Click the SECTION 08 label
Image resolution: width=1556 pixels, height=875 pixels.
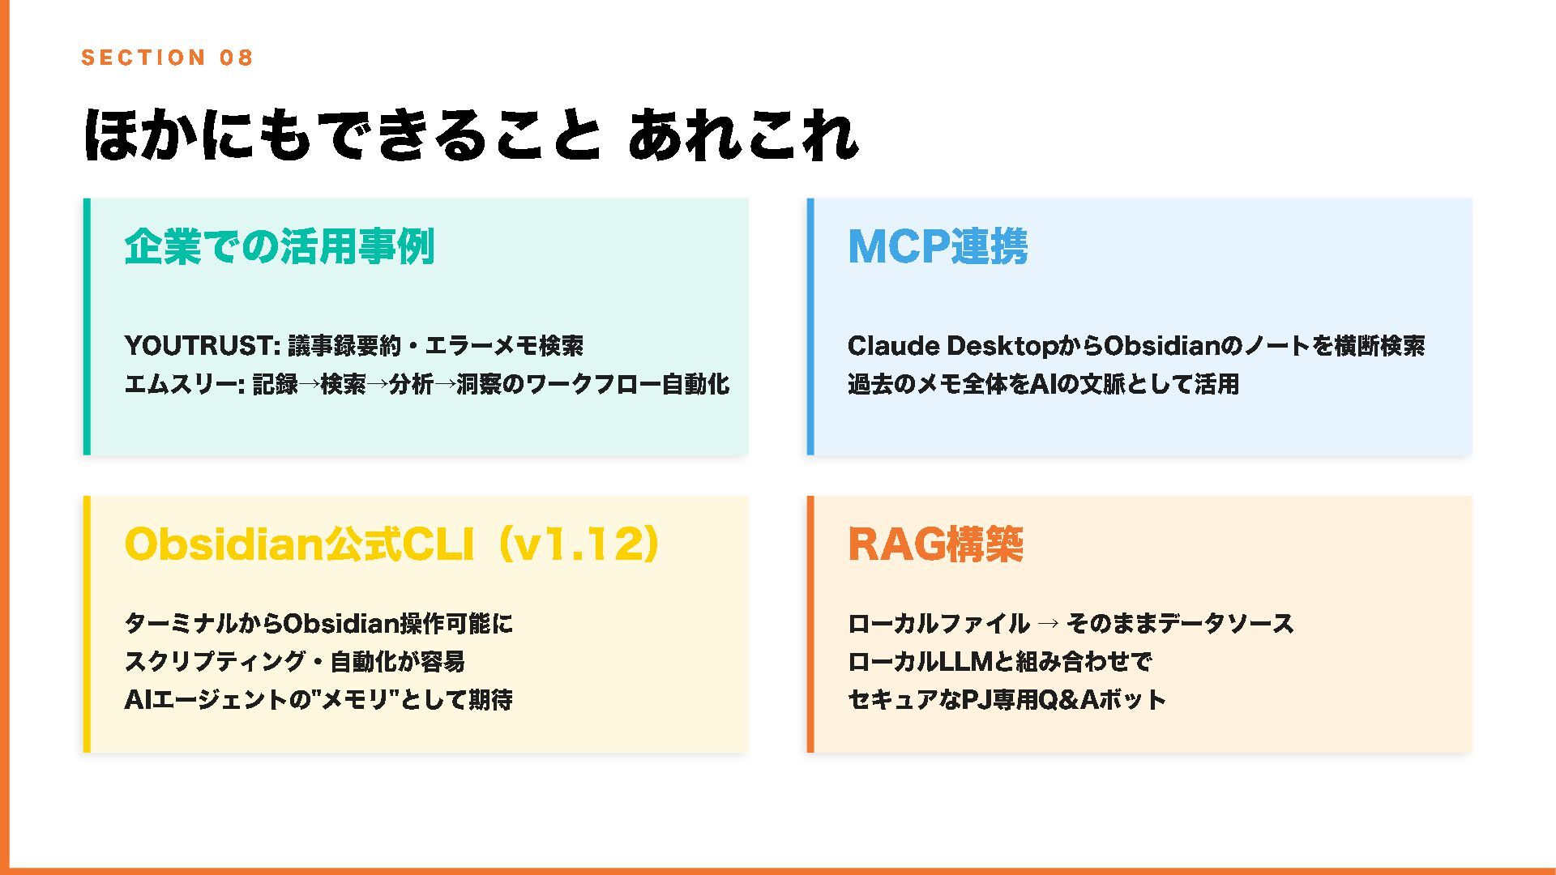[167, 58]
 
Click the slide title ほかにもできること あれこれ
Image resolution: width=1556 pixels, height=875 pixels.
[470, 134]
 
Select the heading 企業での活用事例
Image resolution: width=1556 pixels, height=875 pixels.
[280, 247]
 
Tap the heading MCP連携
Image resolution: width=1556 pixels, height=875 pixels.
[938, 247]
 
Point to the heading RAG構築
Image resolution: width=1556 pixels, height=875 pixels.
[935, 544]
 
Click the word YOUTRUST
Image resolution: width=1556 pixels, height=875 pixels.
[202, 346]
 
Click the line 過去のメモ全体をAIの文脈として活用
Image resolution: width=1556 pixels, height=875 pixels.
[1043, 384]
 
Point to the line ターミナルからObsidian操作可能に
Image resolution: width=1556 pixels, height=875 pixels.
[318, 624]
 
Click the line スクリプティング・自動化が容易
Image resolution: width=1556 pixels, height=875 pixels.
[294, 662]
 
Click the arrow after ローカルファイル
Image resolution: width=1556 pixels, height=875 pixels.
[1048, 624]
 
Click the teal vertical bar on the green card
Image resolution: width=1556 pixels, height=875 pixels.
[87, 327]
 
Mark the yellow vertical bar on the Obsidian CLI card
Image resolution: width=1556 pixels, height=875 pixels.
[87, 624]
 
